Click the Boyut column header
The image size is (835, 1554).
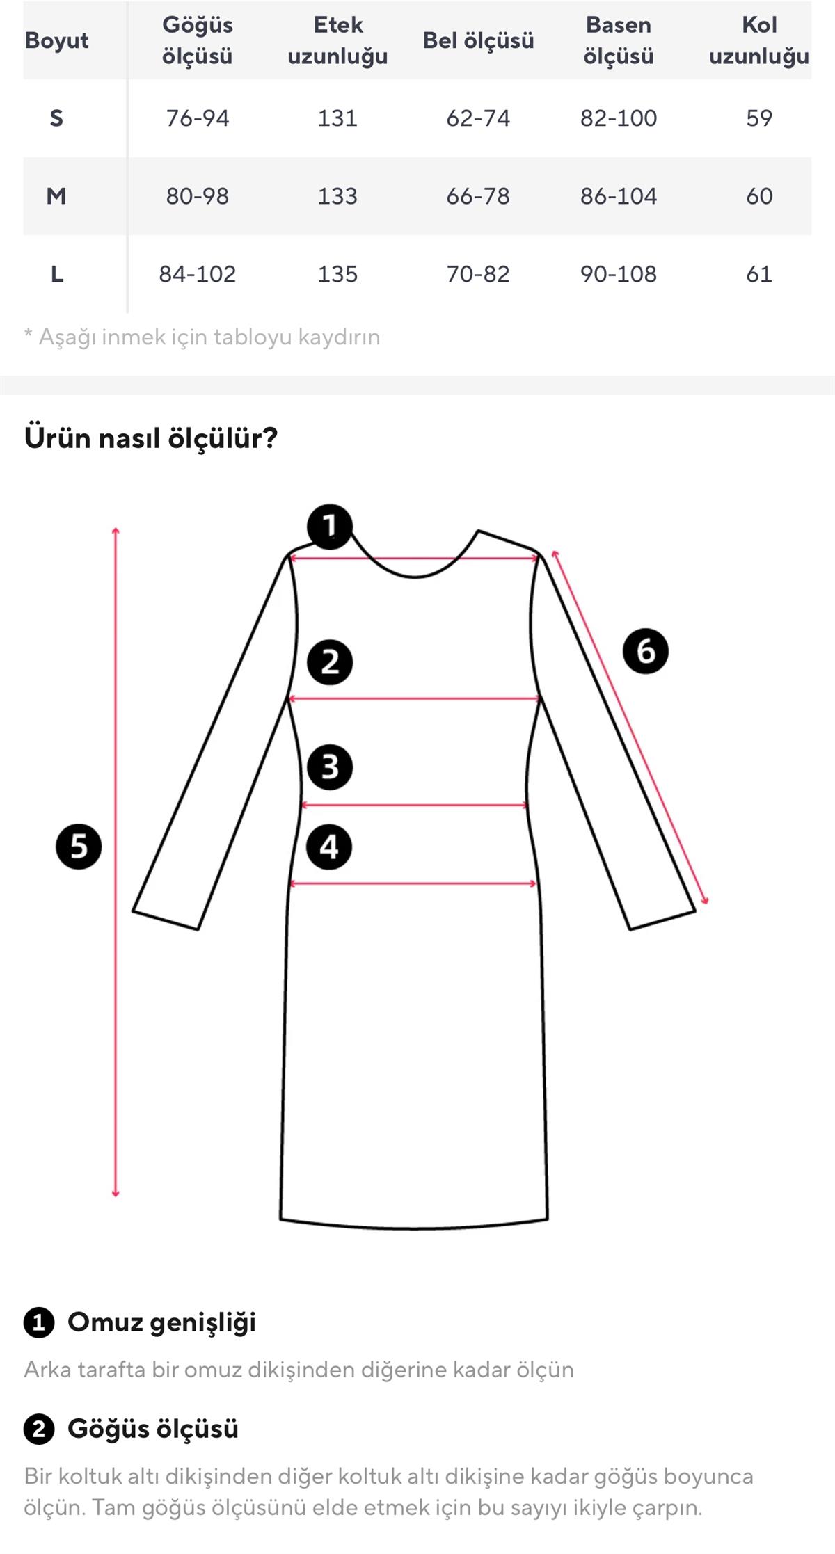pos(56,40)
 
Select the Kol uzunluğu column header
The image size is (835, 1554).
pos(759,40)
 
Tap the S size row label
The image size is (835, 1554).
pos(56,118)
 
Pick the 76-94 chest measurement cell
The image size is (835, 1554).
pos(198,118)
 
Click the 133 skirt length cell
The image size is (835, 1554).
pos(337,196)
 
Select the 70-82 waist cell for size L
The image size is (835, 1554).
pos(478,274)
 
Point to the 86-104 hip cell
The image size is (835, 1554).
pos(619,196)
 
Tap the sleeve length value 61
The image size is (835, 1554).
pos(759,274)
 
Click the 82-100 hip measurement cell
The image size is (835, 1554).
pos(619,118)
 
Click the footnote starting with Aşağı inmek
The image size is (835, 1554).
pos(202,337)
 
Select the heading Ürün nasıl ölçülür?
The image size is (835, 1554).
pos(151,438)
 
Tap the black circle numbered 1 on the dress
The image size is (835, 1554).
pos(330,527)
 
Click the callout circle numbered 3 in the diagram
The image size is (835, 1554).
pos(330,767)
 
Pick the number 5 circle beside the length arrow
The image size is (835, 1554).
pos(79,847)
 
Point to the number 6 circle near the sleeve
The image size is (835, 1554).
pos(646,651)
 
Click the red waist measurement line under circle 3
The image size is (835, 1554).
pos(415,806)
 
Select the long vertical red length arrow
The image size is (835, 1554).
pos(116,863)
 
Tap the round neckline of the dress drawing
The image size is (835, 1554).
pos(415,577)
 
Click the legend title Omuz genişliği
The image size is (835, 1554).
pos(161,1322)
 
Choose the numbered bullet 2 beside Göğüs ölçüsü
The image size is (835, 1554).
pos(39,1429)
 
